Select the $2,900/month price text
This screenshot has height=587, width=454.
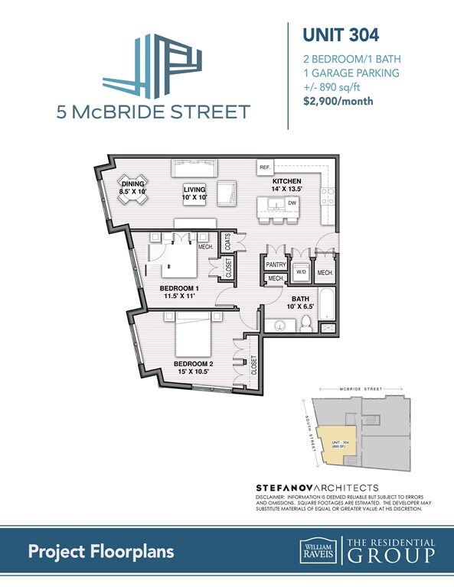[339, 102]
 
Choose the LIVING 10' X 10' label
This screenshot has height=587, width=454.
[195, 193]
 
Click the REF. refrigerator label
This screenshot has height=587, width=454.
[266, 167]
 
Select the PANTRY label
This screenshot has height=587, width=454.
[276, 264]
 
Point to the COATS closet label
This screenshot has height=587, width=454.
[227, 242]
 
